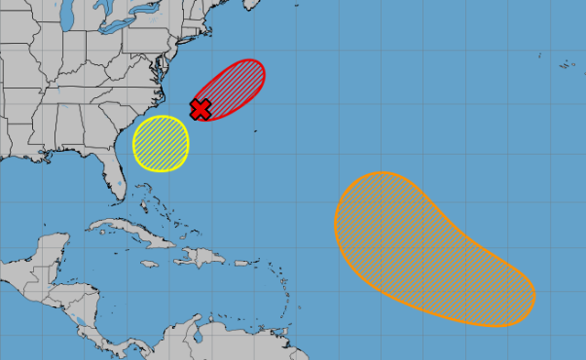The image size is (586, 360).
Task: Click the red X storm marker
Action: [x=201, y=109]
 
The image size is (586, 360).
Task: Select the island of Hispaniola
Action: [x=206, y=255]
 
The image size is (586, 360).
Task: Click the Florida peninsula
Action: [x=114, y=179]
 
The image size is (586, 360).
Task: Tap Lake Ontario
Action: [x=138, y=28]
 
